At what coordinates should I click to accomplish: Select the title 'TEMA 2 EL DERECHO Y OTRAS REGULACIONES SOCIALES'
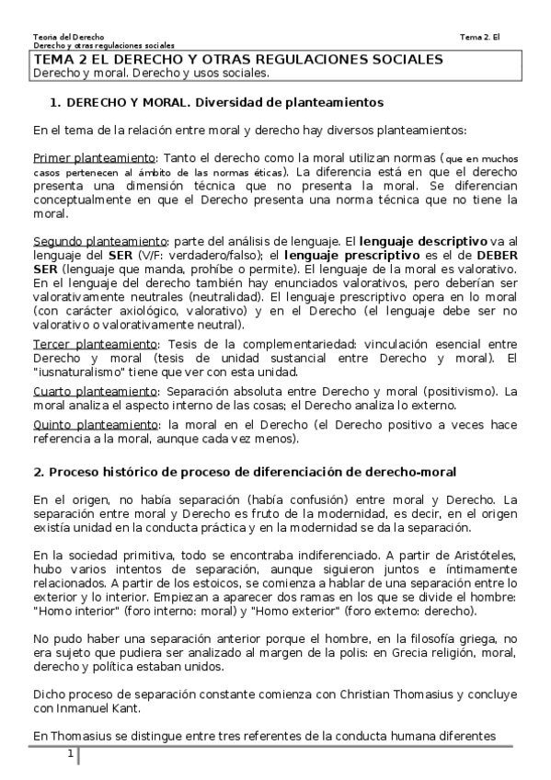[238, 60]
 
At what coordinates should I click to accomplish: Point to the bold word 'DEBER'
[499, 255]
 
